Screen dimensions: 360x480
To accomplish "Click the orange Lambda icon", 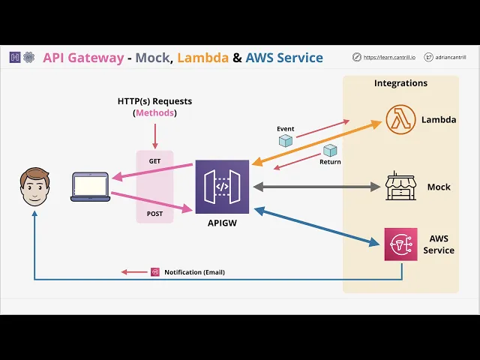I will (x=400, y=120).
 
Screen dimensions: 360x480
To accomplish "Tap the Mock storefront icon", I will (x=400, y=186).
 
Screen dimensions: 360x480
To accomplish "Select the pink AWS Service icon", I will (x=400, y=244).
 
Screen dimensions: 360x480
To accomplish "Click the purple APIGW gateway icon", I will (x=222, y=187).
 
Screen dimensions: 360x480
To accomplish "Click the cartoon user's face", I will (x=34, y=187).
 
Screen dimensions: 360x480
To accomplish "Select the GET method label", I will (x=154, y=161).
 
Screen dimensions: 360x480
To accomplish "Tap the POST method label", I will (x=155, y=214).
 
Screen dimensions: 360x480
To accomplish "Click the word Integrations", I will (x=400, y=83).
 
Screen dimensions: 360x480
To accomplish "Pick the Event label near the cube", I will (x=285, y=129).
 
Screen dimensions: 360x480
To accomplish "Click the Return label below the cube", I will (x=330, y=162).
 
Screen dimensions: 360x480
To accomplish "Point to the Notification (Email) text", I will (x=194, y=272).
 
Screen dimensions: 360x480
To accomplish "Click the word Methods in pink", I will (x=154, y=112).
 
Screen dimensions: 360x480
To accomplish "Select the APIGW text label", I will (x=222, y=223).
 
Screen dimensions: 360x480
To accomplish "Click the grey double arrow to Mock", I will (x=317, y=186).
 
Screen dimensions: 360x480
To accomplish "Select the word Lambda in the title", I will (x=202, y=57).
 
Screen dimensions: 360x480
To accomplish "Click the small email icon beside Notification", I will (x=155, y=272).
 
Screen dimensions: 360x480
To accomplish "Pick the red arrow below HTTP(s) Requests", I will (x=154, y=135).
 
